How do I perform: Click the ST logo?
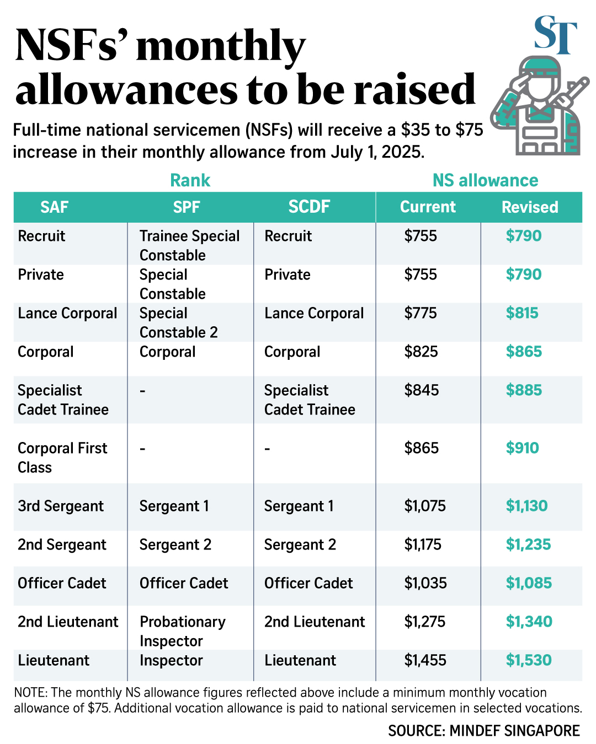555,35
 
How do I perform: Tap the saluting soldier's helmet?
540,67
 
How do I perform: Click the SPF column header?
187,207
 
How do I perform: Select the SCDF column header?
309,207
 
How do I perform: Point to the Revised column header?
530,207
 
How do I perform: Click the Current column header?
428,207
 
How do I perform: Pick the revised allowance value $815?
522,313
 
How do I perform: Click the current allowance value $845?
422,390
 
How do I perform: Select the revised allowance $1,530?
529,660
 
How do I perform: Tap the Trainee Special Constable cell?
189,245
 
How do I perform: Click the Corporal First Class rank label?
62,457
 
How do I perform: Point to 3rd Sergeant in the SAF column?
61,506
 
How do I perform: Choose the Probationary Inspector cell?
183,631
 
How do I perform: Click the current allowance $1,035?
425,583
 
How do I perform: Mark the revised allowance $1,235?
528,544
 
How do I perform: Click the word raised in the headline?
414,89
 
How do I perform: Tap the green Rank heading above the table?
190,180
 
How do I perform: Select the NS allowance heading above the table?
485,180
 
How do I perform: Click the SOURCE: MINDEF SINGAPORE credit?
484,731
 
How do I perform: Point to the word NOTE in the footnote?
30,693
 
